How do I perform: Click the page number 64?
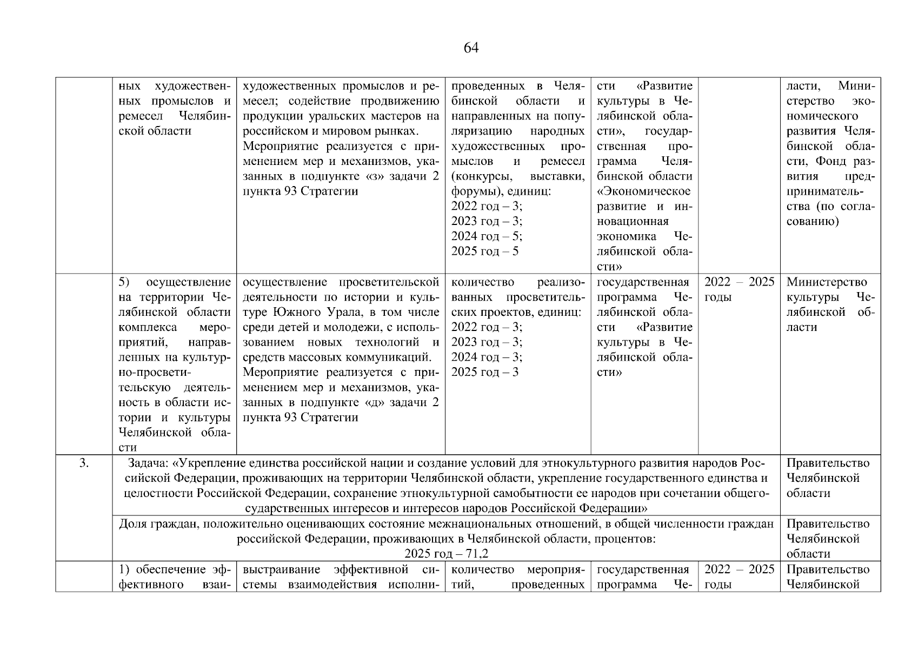point(471,48)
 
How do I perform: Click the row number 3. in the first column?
point(84,463)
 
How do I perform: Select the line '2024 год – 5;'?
point(486,236)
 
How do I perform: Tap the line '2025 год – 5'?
point(484,251)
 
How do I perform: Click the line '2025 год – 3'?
point(484,372)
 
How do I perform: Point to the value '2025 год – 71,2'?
point(446,554)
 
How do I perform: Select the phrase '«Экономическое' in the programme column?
point(644,191)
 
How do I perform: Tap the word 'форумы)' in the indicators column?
point(470,191)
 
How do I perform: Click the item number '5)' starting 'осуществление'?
point(124,282)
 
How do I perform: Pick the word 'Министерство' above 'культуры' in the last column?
point(827,282)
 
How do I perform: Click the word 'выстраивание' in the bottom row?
point(281,569)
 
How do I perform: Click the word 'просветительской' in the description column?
point(389,282)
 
